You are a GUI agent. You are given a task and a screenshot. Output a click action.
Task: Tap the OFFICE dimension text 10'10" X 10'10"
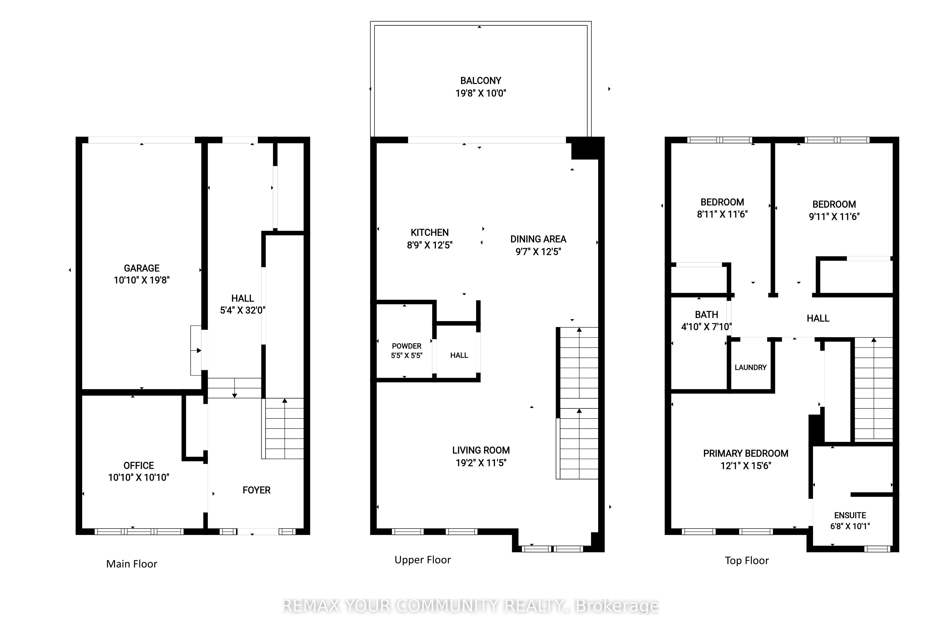click(139, 478)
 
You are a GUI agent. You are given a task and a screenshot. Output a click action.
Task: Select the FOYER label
click(257, 490)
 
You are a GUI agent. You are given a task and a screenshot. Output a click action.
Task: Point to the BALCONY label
click(480, 81)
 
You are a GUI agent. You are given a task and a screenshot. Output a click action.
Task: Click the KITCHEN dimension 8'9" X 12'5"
click(430, 245)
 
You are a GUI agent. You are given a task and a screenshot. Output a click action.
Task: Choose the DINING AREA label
click(538, 239)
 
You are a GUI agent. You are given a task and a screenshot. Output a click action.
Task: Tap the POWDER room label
click(407, 346)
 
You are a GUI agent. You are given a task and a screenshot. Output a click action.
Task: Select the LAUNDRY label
click(751, 367)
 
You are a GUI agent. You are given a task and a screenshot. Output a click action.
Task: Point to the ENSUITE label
click(850, 515)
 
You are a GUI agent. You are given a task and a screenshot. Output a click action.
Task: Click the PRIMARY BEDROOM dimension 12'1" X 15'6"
click(746, 465)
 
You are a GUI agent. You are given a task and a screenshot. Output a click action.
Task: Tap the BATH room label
click(707, 315)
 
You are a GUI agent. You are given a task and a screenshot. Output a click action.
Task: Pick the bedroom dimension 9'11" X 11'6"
click(834, 216)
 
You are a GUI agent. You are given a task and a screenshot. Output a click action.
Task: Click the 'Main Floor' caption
click(132, 564)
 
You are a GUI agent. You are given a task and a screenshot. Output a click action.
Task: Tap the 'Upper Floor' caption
click(423, 560)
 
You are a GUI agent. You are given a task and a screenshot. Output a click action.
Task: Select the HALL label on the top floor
click(818, 318)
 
